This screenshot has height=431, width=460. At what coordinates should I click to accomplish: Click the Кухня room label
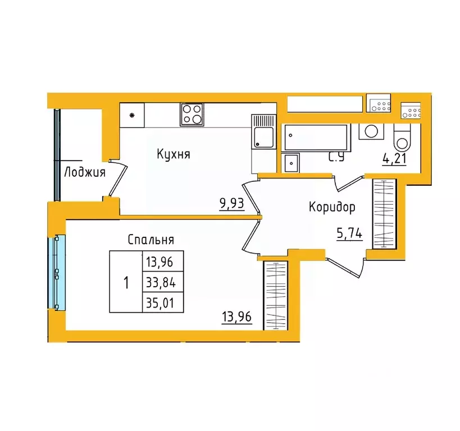coord(174,154)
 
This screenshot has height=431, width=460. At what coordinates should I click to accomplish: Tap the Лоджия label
coord(85,172)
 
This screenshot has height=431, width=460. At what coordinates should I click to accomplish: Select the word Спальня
coord(151,240)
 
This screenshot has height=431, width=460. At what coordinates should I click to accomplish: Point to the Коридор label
coord(332,208)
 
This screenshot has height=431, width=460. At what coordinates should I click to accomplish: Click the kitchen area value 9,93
coord(232,203)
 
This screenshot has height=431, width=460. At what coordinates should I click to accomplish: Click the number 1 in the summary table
coord(126,282)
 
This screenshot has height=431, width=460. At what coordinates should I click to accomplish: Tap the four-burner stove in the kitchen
coord(192,114)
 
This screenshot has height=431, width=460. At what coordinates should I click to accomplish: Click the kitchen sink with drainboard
coord(262,131)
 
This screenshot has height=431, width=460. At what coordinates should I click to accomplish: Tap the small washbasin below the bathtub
coord(292,163)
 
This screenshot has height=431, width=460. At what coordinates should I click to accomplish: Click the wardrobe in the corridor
coord(385,214)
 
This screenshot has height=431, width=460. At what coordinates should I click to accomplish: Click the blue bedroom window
coord(58,272)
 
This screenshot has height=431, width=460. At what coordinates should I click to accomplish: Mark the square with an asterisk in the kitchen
coord(132,116)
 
